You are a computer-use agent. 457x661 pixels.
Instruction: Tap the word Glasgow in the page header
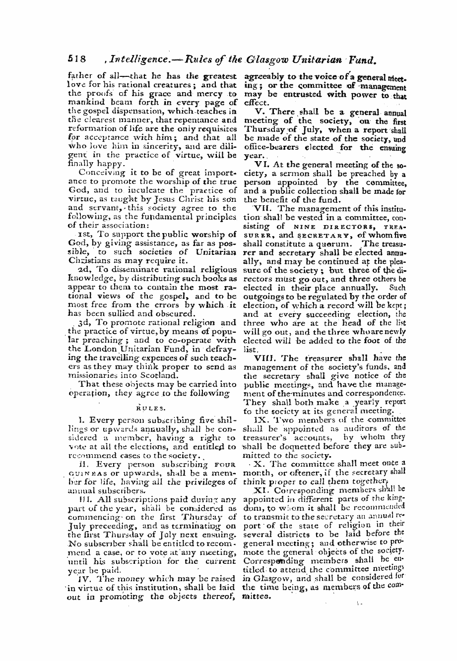click(263, 60)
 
